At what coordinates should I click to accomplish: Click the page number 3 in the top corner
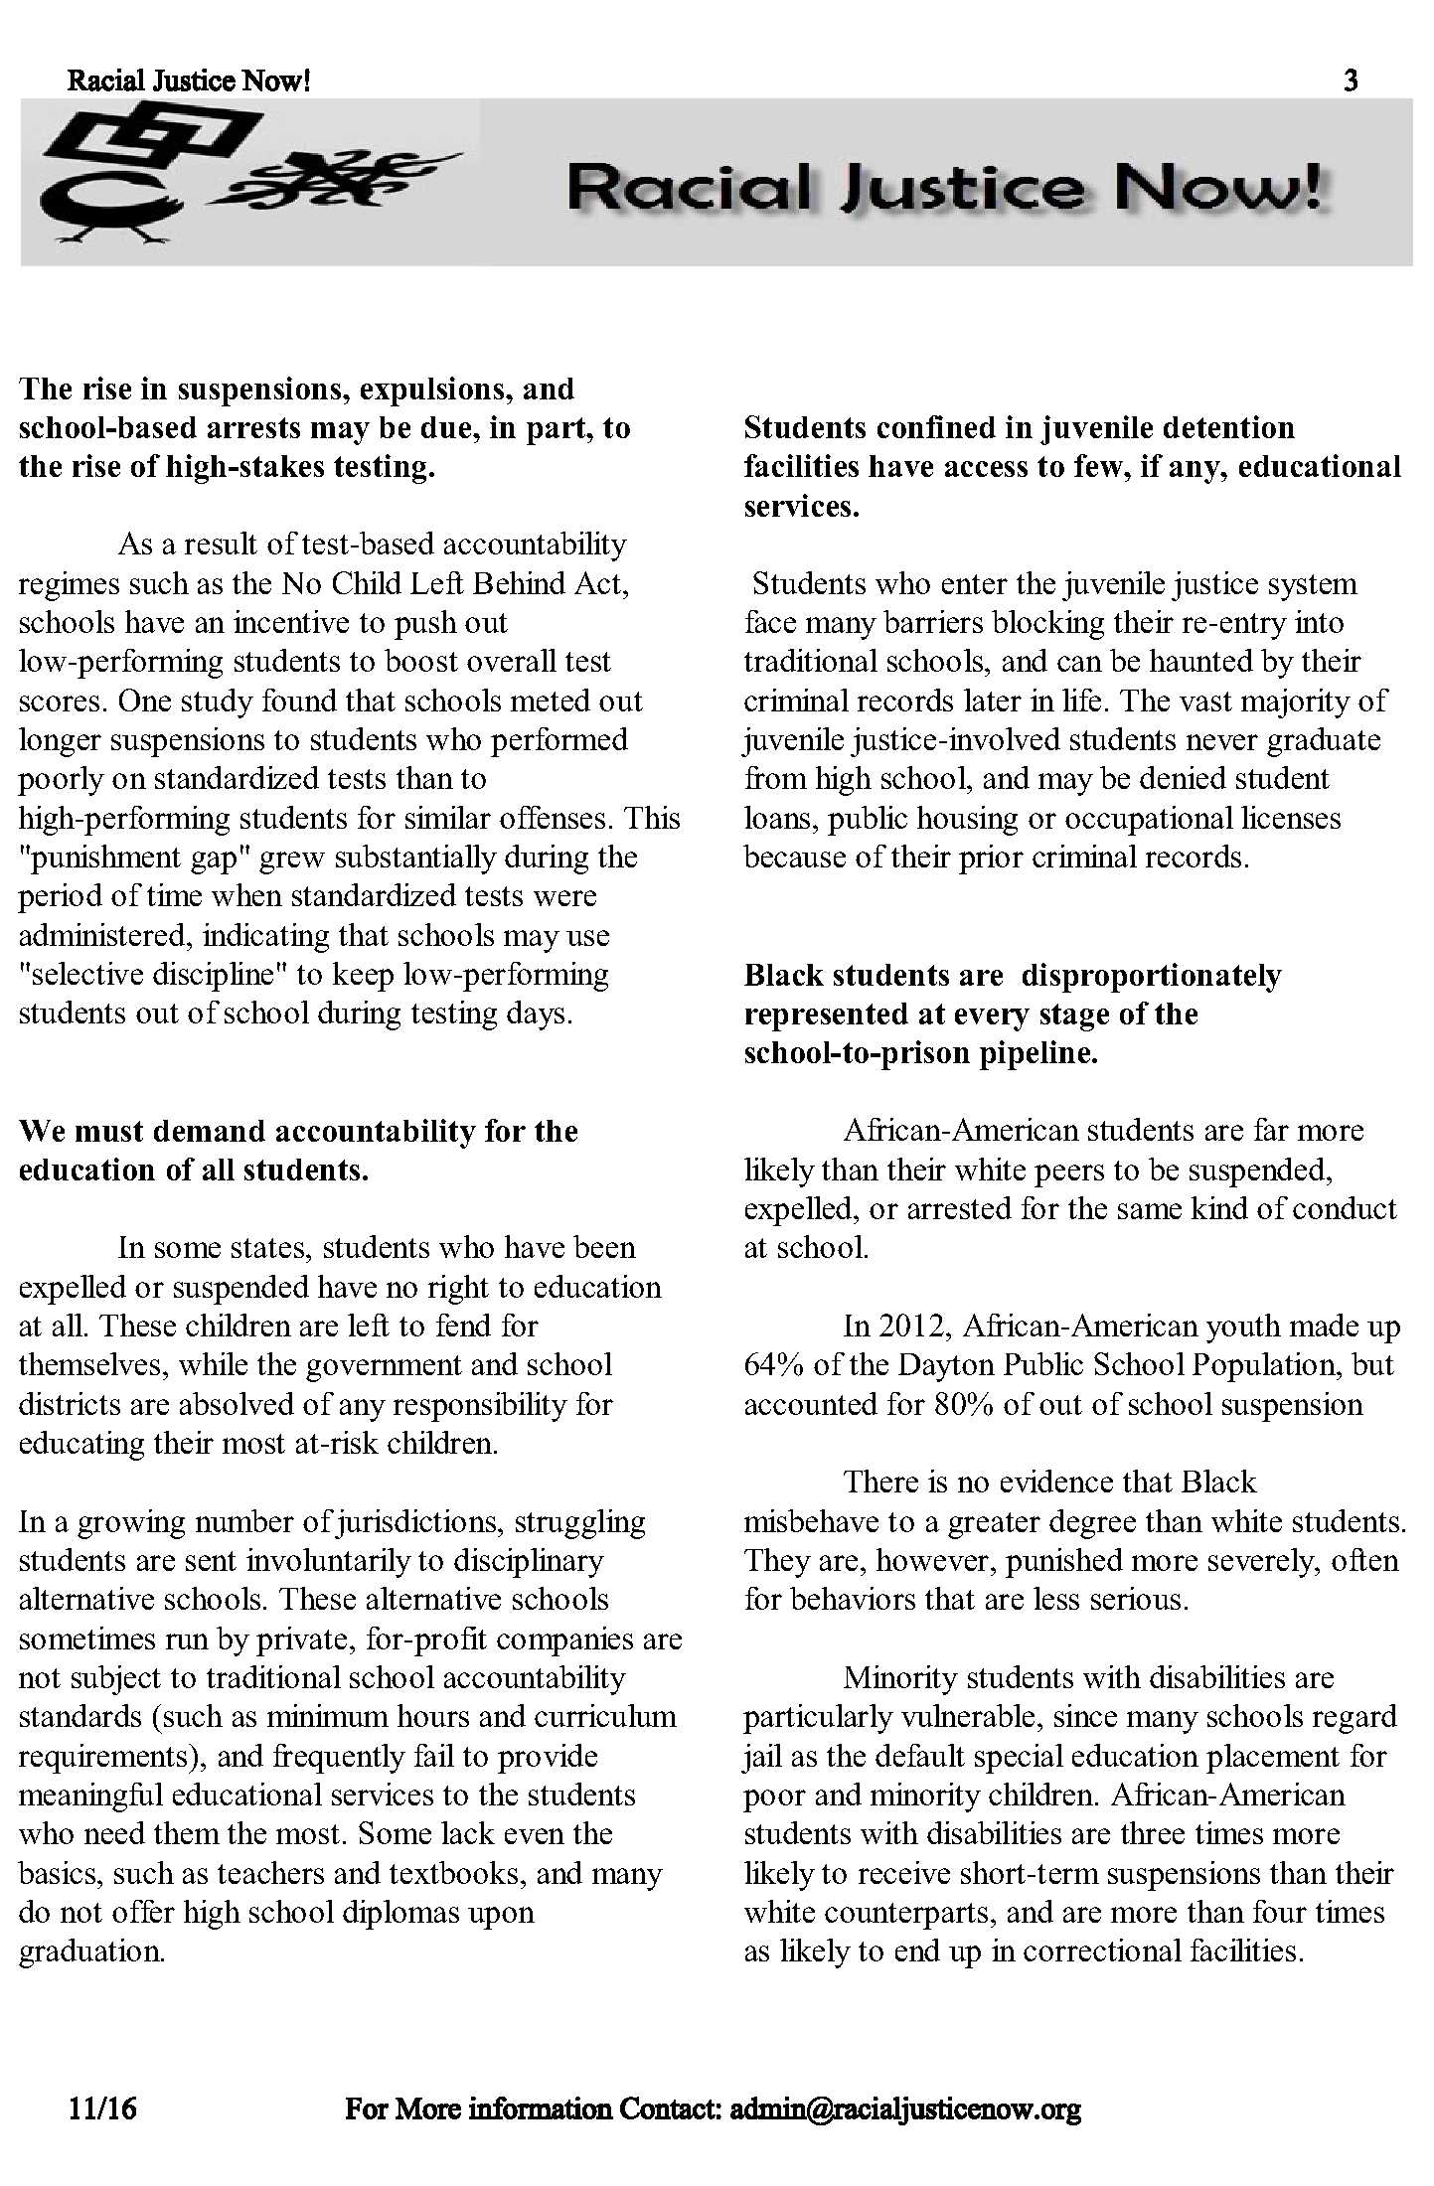coord(1351,80)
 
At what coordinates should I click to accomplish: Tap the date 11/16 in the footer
coord(102,2108)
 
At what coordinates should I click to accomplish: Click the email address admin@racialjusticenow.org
coord(904,2108)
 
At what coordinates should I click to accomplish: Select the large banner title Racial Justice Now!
coord(944,187)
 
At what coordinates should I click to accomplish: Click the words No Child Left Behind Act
coord(454,583)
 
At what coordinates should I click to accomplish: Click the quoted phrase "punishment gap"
coord(136,857)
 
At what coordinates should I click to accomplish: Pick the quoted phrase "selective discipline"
coord(154,974)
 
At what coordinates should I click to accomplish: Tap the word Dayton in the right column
coord(945,1365)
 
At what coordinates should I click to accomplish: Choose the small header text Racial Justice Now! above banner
coord(189,80)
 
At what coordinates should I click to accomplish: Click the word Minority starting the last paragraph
coord(899,1677)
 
